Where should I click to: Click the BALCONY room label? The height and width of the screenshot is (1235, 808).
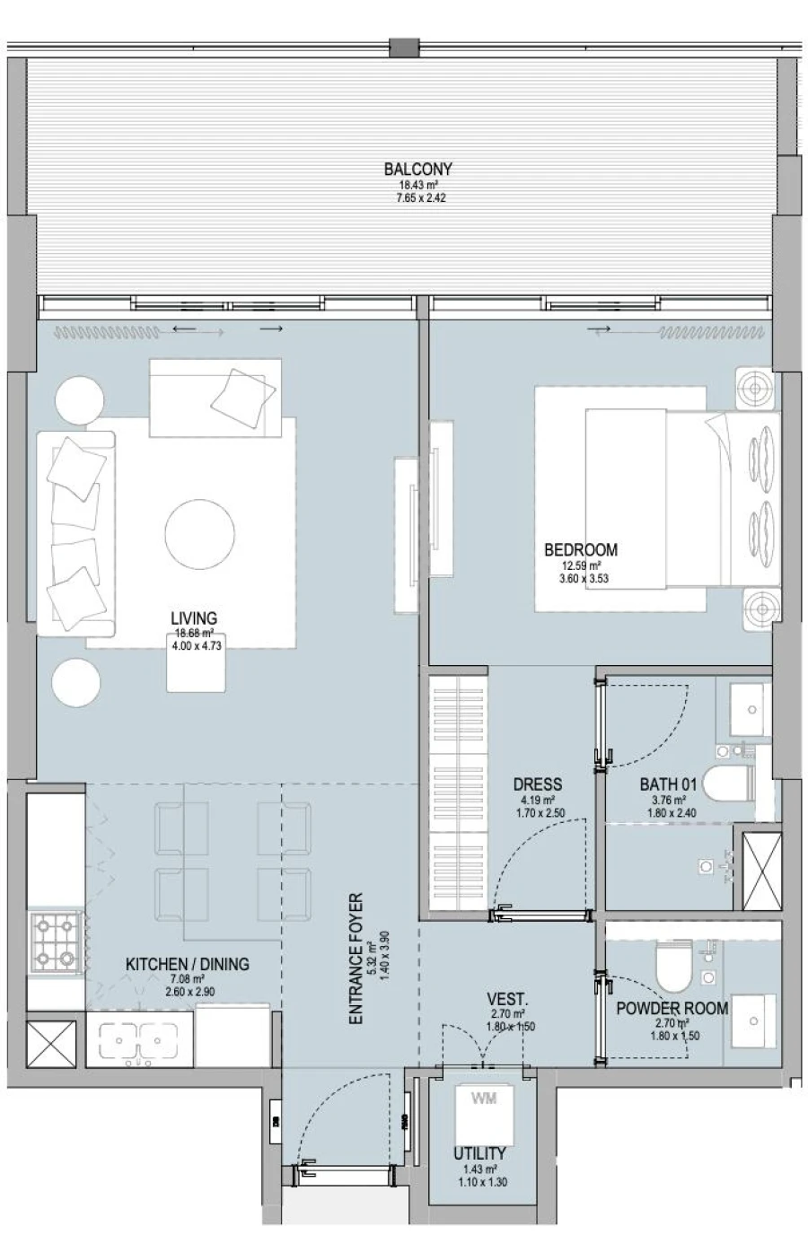pos(417,169)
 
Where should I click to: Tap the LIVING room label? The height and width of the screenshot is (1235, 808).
pos(194,618)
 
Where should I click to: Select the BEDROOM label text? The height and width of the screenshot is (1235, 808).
pos(581,550)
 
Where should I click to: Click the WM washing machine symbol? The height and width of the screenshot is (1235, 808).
pos(483,1099)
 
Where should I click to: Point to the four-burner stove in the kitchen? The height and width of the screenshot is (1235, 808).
pos(57,943)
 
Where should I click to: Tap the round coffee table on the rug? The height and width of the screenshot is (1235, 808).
pos(200,534)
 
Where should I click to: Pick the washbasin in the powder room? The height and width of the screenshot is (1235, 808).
pos(752,1021)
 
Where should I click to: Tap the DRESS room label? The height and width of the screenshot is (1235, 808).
pos(537,784)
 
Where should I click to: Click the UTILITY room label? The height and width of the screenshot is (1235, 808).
pos(479,1153)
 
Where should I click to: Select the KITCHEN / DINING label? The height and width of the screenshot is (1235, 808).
pos(187,964)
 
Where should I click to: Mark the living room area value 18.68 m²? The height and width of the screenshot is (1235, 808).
pos(194,632)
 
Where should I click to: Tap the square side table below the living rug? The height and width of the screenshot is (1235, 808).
pos(196,669)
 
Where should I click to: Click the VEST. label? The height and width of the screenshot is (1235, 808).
pos(506,999)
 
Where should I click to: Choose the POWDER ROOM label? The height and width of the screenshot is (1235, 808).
pos(672,1009)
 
